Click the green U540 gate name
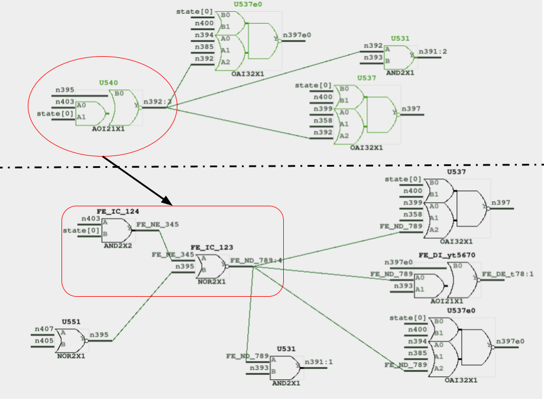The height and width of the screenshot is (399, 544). click(108, 83)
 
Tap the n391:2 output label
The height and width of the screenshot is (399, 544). click(433, 51)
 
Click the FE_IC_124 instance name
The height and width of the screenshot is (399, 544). click(118, 211)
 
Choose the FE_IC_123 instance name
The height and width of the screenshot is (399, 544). click(211, 247)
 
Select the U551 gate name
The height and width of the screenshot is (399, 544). click(71, 322)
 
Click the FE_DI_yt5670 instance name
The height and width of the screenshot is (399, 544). click(446, 255)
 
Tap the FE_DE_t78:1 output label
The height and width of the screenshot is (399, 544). click(508, 274)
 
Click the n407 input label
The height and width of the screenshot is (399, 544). click(44, 329)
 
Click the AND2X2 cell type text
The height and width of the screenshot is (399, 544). click(118, 245)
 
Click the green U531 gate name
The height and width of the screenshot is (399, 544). click(400, 38)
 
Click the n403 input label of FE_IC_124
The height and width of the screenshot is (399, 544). click(90, 219)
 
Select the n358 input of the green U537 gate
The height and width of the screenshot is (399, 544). click(322, 120)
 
